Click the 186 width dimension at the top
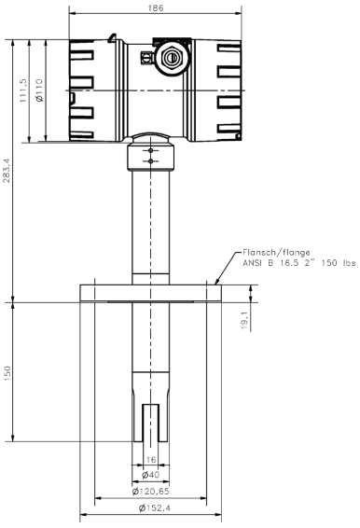pyautogui.click(x=156, y=7)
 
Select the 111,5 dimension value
pyautogui.click(x=23, y=90)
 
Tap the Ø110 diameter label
pyautogui.click(x=39, y=90)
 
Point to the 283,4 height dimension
pyautogui.click(x=7, y=171)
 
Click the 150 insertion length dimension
pyautogui.click(x=7, y=373)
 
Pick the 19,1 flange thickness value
pyautogui.click(x=245, y=320)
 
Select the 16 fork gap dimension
pyautogui.click(x=151, y=460)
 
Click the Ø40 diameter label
pyautogui.click(x=150, y=475)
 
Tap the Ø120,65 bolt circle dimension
pyautogui.click(x=150, y=492)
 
